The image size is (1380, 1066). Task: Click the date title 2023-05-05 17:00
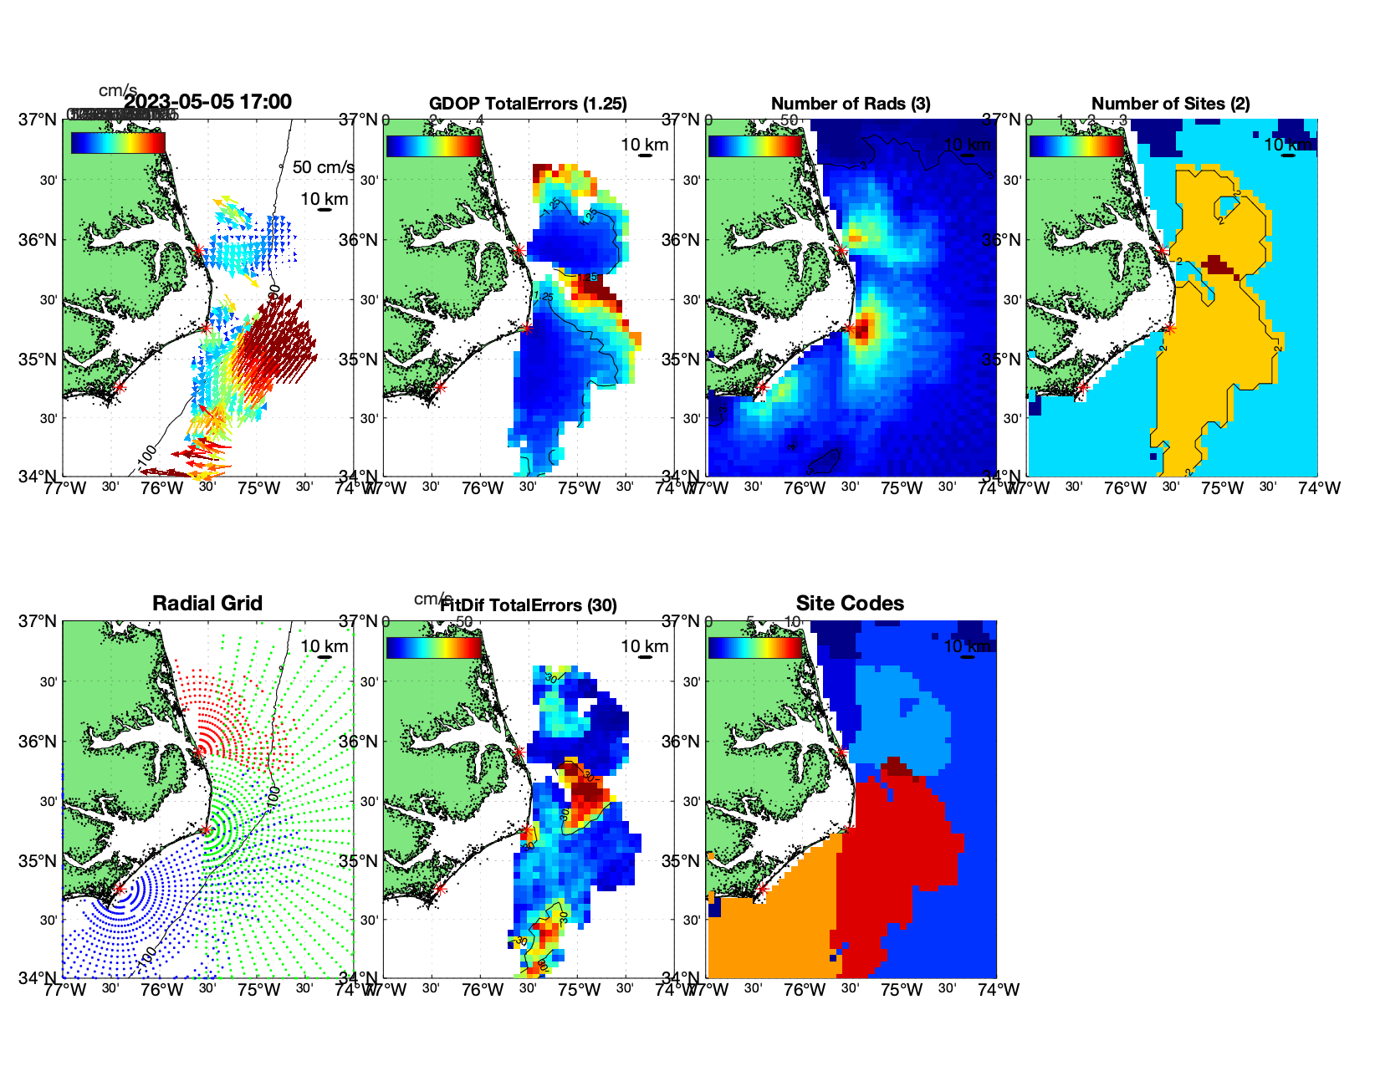pyautogui.click(x=208, y=102)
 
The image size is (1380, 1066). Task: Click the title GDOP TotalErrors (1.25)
pyautogui.click(x=528, y=104)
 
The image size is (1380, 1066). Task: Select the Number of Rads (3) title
pyautogui.click(x=851, y=104)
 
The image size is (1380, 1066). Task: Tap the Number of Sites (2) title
pyautogui.click(x=1170, y=104)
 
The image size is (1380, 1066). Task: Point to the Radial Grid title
pyautogui.click(x=207, y=604)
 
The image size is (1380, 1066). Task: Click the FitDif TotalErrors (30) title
pyautogui.click(x=528, y=604)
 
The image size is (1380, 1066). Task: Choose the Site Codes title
pyautogui.click(x=850, y=604)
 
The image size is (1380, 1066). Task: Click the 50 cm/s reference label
pyautogui.click(x=323, y=167)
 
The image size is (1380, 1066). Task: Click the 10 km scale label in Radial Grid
pyautogui.click(x=324, y=646)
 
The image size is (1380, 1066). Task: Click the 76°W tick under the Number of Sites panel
pyautogui.click(x=1125, y=488)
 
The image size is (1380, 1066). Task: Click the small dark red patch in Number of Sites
pyautogui.click(x=1218, y=266)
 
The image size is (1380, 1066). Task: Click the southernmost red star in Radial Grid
pyautogui.click(x=119, y=889)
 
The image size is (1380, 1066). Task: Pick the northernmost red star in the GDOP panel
pyautogui.click(x=519, y=250)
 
